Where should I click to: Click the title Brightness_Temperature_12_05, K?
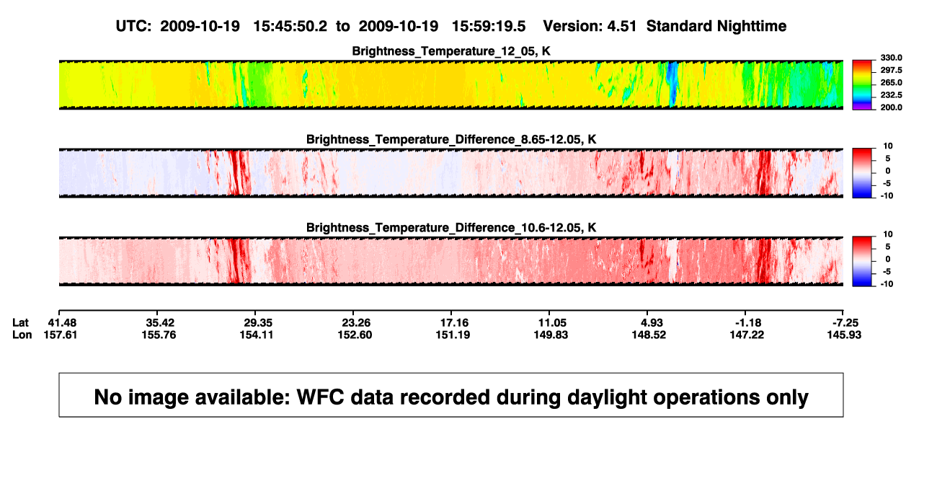(x=451, y=51)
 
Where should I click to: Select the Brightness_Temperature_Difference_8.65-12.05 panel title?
(x=451, y=139)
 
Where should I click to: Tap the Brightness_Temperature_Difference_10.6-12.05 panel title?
(x=451, y=228)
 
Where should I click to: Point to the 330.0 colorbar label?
(x=891, y=58)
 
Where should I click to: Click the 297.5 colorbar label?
(x=891, y=70)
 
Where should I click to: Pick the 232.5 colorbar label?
(x=891, y=95)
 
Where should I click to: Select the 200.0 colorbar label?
(x=891, y=107)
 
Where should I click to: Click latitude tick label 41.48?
(x=62, y=323)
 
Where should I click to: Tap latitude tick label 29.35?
(x=258, y=323)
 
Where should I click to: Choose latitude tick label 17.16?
(x=454, y=323)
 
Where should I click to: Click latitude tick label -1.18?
(x=747, y=323)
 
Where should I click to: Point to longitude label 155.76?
(x=159, y=335)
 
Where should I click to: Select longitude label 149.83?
(x=551, y=335)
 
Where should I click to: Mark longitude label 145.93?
(x=844, y=335)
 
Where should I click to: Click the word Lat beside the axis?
(x=20, y=323)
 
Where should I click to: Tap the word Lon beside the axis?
(x=22, y=335)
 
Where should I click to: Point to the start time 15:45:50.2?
(x=290, y=26)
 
